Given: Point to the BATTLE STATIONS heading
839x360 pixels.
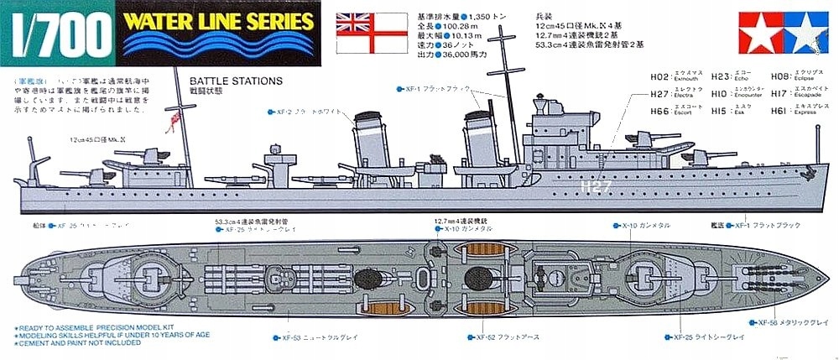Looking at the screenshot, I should [x=237, y=81].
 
